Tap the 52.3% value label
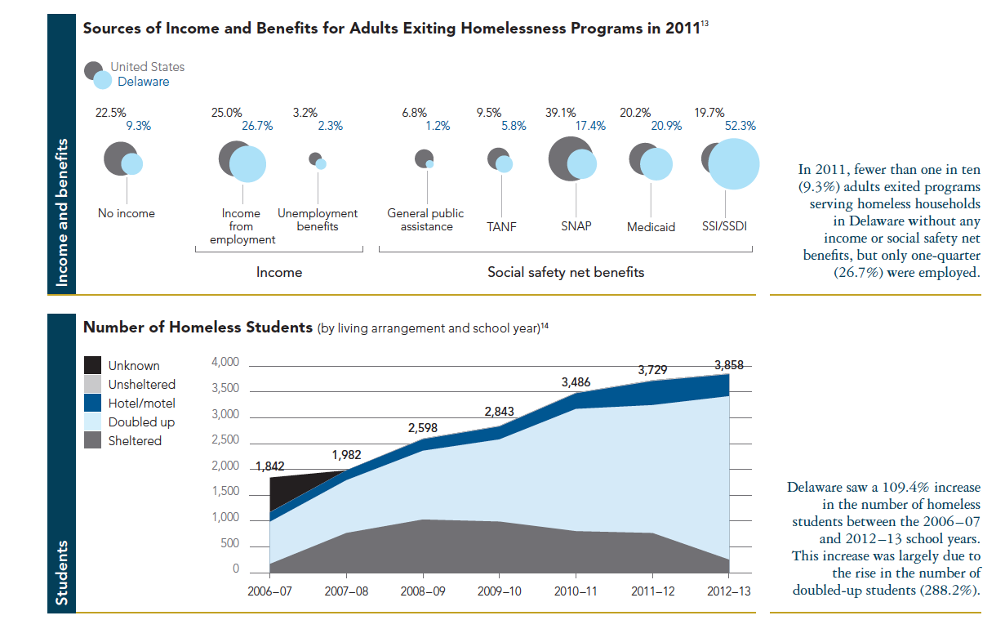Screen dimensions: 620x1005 pos(740,126)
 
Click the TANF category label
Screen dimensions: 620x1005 pos(501,226)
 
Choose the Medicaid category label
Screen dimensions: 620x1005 pos(651,227)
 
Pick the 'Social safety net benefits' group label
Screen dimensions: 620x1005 pos(565,272)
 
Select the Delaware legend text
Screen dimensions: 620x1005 pos(144,82)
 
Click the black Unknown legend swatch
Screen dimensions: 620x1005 pos(94,365)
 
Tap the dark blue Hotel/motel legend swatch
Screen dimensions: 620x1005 pos(94,403)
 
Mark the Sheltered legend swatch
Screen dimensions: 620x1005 pos(94,440)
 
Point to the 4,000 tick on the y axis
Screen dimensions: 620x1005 pos(225,362)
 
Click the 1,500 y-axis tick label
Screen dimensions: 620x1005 pos(225,492)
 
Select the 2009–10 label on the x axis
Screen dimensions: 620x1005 pos(498,591)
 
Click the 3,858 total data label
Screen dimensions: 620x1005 pos(728,365)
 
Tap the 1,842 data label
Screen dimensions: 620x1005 pos(269,466)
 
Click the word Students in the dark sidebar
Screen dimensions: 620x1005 pos(62,573)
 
